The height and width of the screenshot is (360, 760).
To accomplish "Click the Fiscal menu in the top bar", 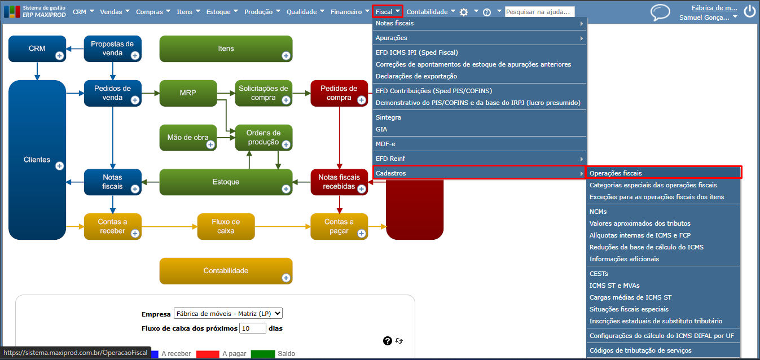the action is [388, 12].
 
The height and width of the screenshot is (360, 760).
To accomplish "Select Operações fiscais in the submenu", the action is [616, 173].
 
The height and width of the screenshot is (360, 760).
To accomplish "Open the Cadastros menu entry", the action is [390, 173].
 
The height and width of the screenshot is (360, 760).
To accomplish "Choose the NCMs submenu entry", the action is [598, 212].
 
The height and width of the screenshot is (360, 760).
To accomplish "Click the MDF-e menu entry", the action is [385, 144].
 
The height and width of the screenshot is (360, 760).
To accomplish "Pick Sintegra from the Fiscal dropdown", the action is [388, 117].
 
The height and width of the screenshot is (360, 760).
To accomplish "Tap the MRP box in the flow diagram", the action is [188, 93].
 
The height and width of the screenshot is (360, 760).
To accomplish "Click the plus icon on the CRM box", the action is [59, 56].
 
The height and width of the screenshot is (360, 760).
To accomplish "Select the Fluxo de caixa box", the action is [226, 226].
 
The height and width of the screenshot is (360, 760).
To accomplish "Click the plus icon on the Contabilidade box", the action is [286, 278].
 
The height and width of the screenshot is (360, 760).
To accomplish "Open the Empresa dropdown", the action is [228, 314].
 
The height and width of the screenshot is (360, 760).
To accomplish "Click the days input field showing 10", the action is [252, 328].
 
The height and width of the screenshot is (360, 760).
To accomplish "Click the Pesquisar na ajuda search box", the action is [539, 12].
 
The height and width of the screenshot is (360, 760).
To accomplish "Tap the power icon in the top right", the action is [749, 11].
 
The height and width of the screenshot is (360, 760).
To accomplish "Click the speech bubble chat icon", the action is [660, 13].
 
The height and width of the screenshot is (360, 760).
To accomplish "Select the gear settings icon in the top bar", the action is [463, 12].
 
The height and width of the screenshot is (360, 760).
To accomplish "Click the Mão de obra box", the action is [188, 138].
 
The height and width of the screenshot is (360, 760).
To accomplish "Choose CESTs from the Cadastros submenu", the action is [599, 274].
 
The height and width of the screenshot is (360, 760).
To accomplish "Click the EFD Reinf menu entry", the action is [390, 159].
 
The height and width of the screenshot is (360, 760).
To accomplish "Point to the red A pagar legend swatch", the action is [208, 354].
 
